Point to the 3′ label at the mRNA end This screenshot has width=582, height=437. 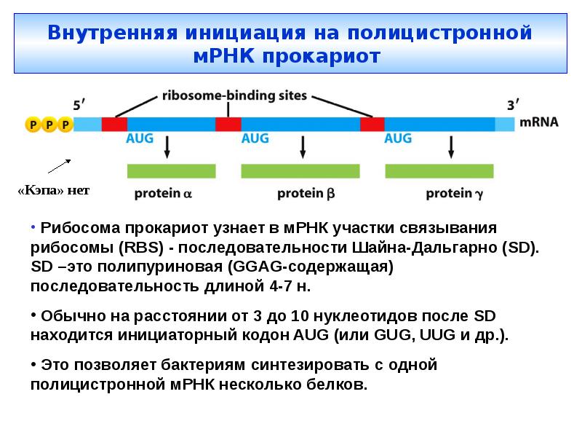tap(513, 105)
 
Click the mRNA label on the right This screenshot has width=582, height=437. tap(539, 122)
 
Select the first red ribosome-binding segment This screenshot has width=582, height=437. tap(114, 123)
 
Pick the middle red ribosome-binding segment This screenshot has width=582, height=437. tap(228, 123)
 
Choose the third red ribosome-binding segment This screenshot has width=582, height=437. tap(372, 123)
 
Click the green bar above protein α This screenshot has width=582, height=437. tap(172, 171)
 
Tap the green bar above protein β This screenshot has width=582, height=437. tap(300, 171)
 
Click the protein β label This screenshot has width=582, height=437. tap(306, 194)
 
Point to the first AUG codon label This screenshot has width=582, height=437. tap(140, 138)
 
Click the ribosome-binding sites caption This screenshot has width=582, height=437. tap(234, 95)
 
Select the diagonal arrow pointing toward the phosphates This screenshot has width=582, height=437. tap(60, 167)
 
